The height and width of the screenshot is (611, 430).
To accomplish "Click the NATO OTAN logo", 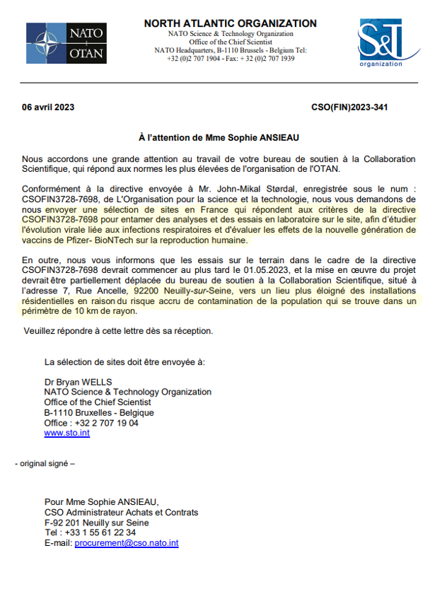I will [66, 43].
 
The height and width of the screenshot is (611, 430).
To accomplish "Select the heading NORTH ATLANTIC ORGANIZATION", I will [230, 23].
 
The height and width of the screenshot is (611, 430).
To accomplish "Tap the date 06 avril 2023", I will [48, 107].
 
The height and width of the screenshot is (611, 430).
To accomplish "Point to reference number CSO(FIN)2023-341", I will [349, 107].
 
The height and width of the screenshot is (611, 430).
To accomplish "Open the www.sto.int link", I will [66, 433].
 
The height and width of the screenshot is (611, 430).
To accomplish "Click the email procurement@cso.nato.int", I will [127, 543].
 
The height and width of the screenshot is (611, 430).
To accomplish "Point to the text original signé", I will [45, 464].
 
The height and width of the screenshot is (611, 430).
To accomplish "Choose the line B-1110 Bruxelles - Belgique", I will [98, 412].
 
